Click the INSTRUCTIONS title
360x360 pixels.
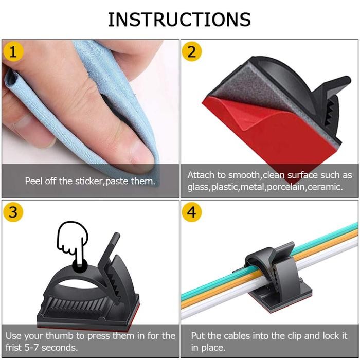(x=179, y=19)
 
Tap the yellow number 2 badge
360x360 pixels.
(x=192, y=52)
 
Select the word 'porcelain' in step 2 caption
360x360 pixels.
(x=286, y=187)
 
